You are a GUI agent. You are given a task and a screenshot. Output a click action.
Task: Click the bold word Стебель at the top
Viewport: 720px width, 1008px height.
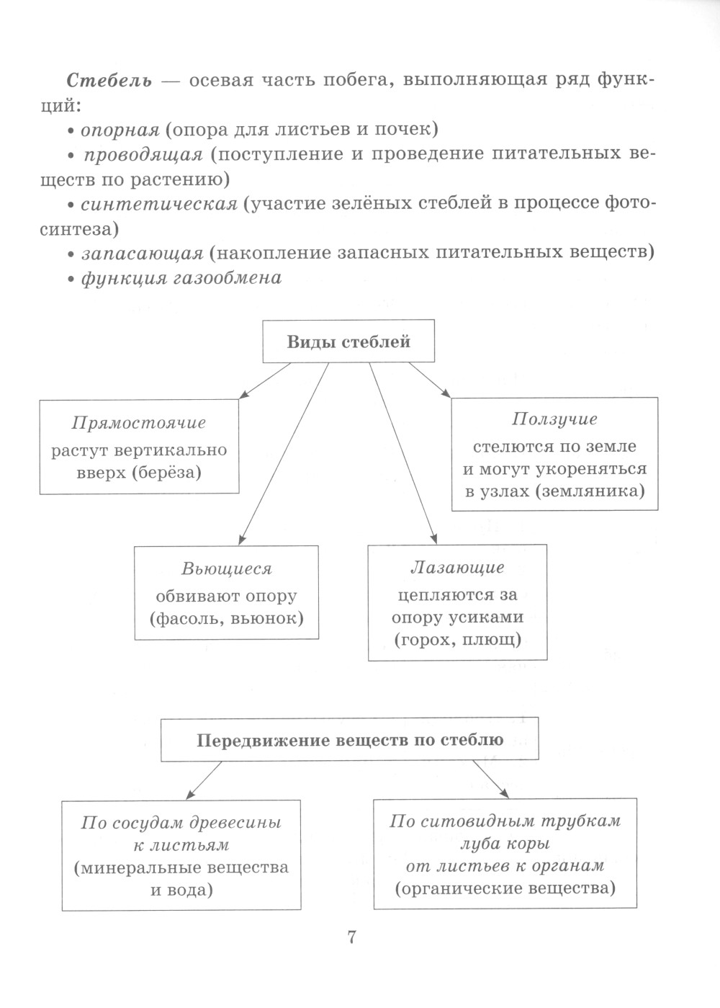[x=109, y=80]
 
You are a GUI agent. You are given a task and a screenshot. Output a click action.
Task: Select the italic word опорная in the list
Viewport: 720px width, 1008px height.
[x=119, y=130]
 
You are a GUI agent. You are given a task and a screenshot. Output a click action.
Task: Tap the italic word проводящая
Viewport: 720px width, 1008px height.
[x=143, y=155]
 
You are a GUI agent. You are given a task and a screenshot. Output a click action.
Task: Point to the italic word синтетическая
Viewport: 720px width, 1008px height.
[x=158, y=204]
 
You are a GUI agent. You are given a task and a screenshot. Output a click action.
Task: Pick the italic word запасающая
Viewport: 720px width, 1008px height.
[x=141, y=253]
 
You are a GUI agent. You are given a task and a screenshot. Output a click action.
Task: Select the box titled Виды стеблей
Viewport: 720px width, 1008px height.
[x=348, y=342]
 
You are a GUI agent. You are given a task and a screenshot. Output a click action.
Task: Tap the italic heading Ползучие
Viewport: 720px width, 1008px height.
[x=554, y=419]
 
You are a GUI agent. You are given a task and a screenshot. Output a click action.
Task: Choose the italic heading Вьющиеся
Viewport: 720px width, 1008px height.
[x=227, y=569]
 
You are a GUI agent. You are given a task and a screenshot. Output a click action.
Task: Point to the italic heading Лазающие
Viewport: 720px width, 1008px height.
[x=457, y=568]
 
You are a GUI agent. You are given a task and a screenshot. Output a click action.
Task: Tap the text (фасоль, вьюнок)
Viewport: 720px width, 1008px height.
[x=227, y=617]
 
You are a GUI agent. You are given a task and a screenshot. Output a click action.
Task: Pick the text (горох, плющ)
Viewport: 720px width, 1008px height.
[x=457, y=638]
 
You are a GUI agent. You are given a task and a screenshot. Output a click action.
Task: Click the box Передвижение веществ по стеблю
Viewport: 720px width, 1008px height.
[x=349, y=740]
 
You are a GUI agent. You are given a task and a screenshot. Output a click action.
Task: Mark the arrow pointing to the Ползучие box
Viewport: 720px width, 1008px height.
[x=430, y=380]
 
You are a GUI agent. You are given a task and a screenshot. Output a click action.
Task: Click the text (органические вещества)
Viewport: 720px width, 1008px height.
[x=505, y=888]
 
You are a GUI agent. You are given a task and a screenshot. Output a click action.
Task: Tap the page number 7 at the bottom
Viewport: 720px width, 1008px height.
[x=352, y=937]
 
